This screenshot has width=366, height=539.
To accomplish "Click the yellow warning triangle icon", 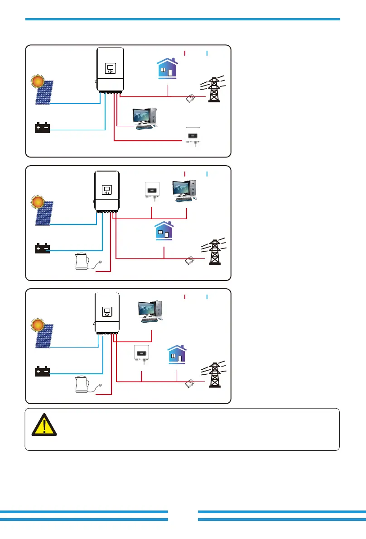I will [44, 425].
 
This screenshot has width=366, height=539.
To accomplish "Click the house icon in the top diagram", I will [165, 68].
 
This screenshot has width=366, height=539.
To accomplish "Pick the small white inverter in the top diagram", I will [192, 135].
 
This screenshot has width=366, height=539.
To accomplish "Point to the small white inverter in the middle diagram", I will [151, 190].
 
